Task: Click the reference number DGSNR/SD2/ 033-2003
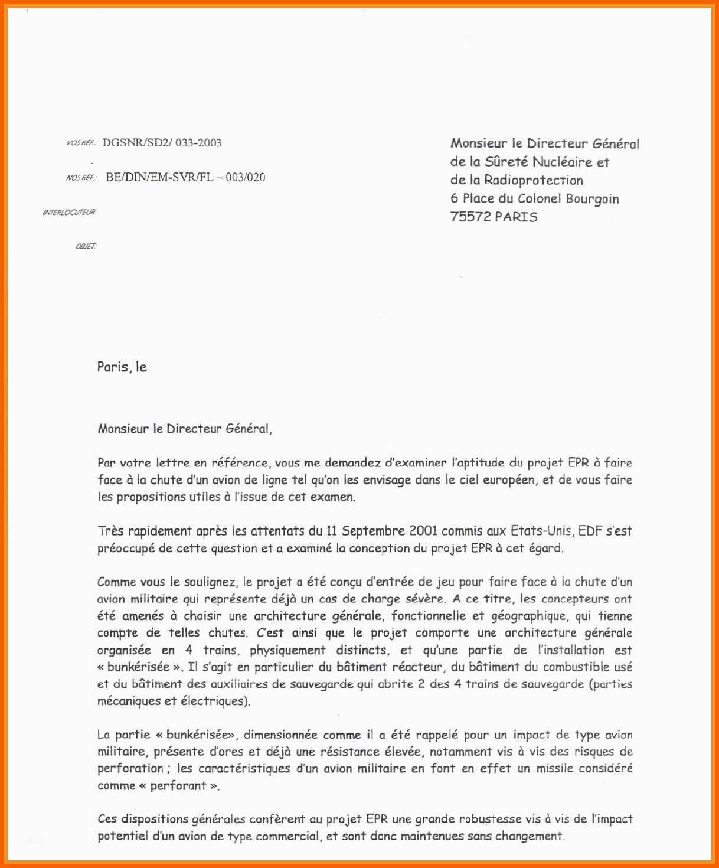(x=162, y=142)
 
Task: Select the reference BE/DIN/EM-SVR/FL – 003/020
(x=185, y=177)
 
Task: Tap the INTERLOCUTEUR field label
(x=69, y=212)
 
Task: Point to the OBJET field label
(x=86, y=246)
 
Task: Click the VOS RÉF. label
(x=81, y=143)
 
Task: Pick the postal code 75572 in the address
(x=470, y=217)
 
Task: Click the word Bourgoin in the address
(x=592, y=198)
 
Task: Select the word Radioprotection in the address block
(x=534, y=180)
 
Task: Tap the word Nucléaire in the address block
(x=563, y=162)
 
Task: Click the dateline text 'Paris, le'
(x=122, y=367)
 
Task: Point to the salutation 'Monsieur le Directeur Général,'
(x=185, y=429)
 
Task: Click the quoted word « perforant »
(x=179, y=786)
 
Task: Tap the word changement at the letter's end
(x=530, y=836)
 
